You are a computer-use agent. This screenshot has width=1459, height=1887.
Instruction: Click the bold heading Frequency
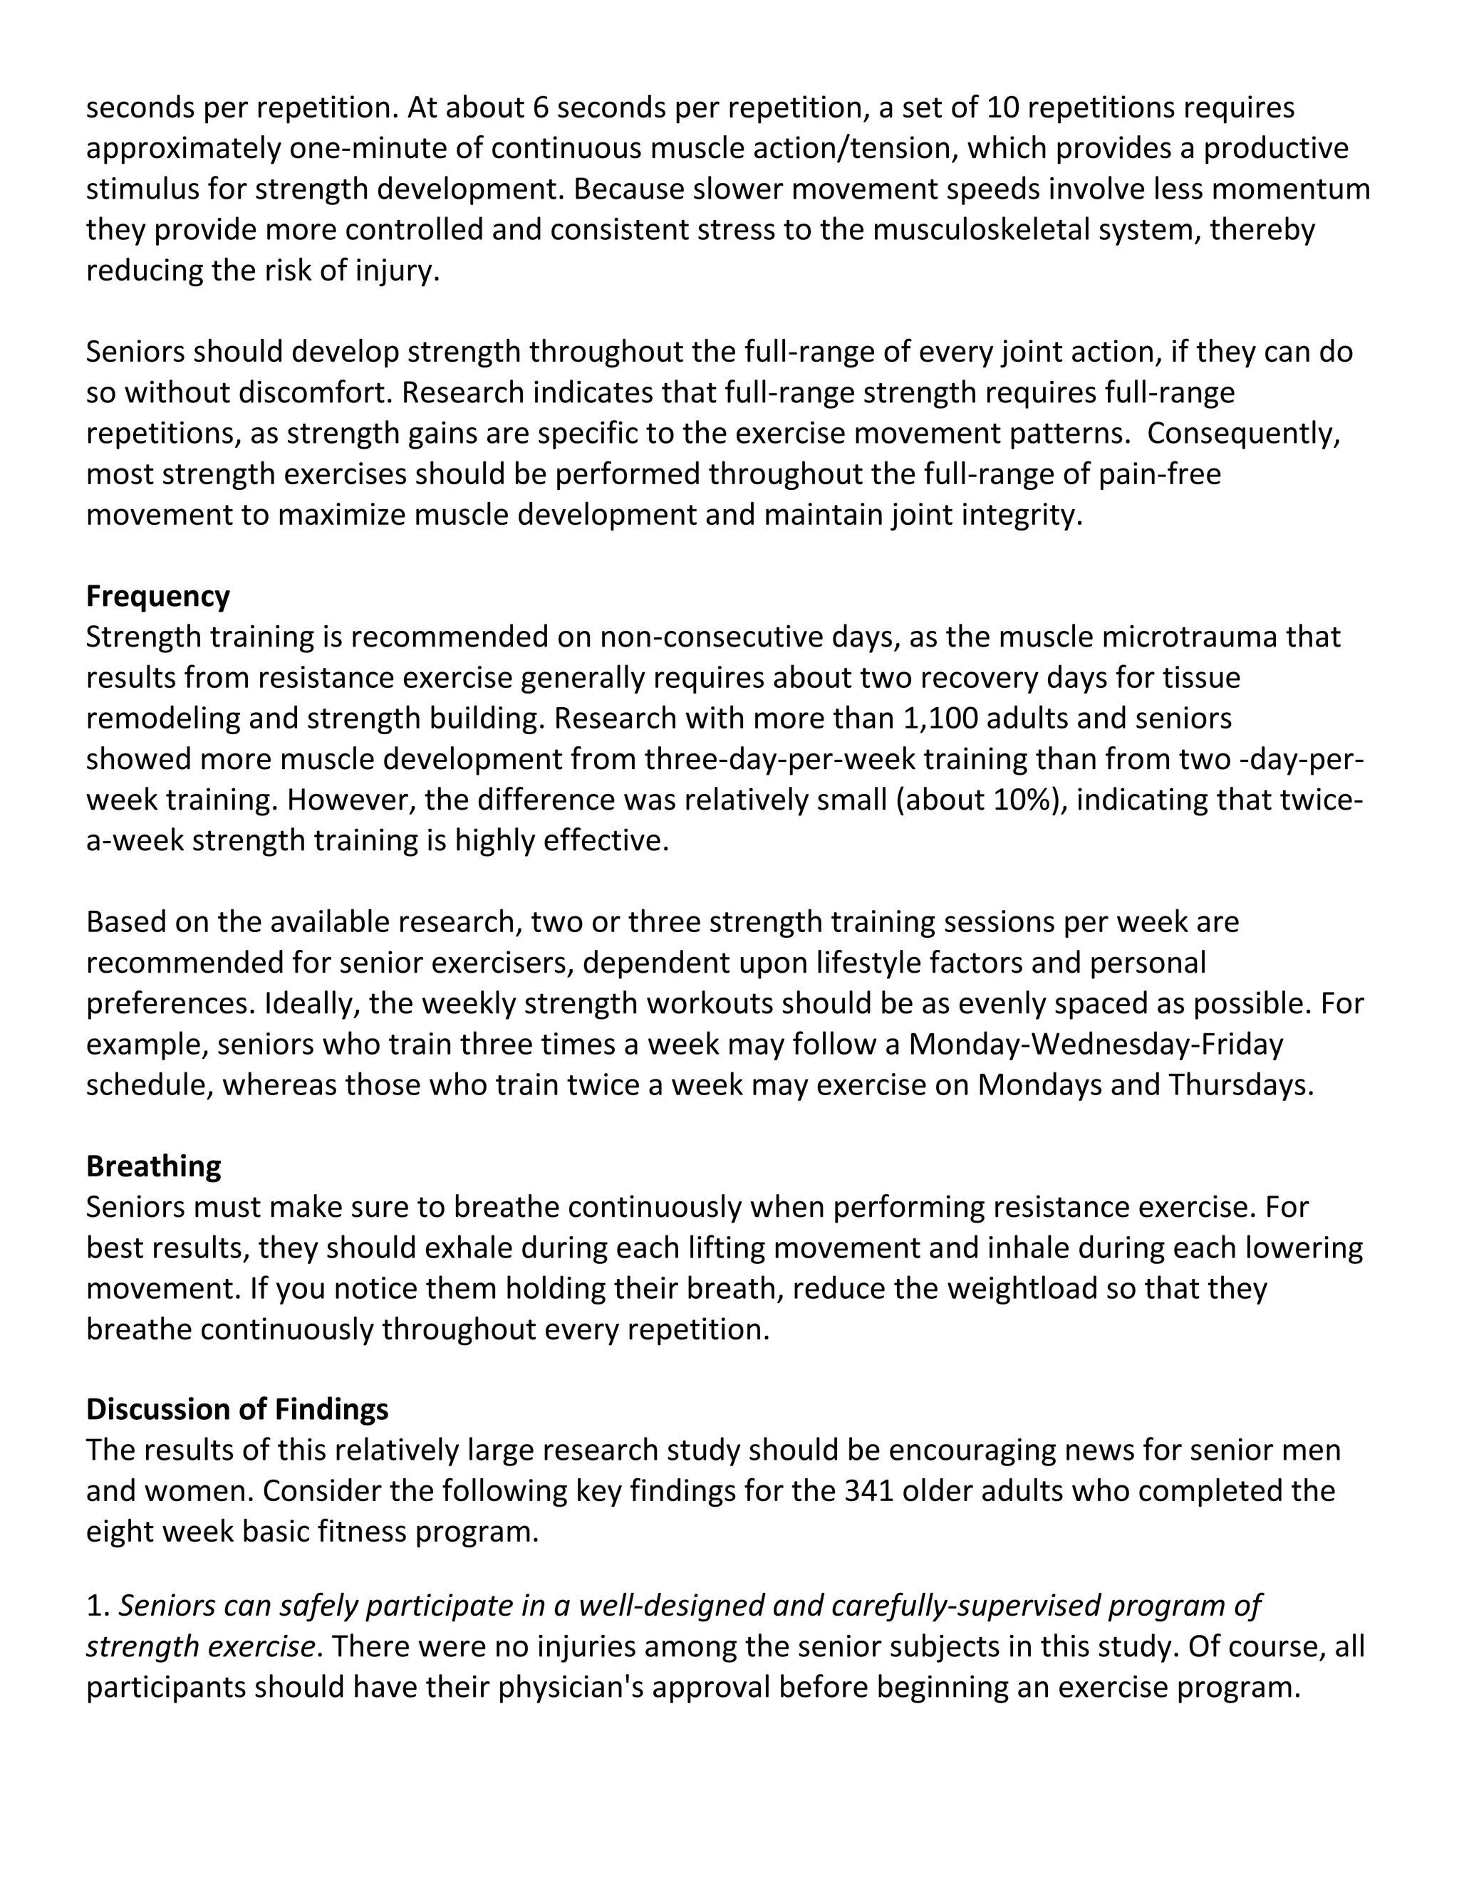[158, 597]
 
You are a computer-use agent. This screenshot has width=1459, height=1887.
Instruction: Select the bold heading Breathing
[154, 1166]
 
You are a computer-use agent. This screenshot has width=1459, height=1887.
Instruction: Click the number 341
[871, 1491]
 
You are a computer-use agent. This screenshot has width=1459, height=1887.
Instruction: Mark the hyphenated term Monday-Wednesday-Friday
[1096, 1045]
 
